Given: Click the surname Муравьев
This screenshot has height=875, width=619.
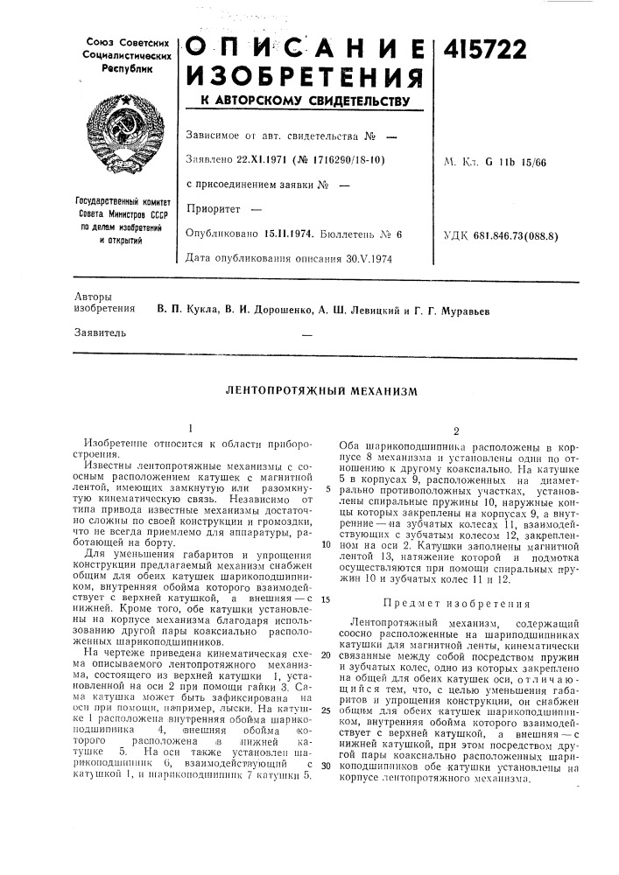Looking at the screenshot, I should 457,310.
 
